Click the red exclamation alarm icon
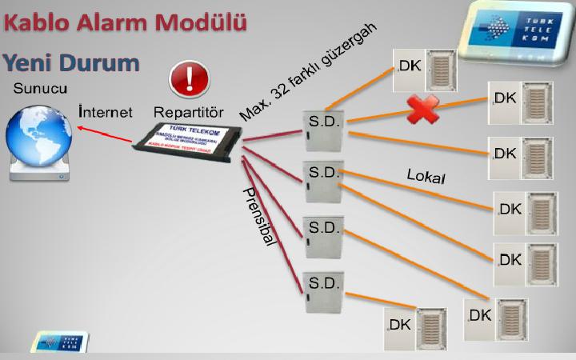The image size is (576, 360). [189, 80]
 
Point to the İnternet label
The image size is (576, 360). [106, 110]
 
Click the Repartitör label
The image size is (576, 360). [188, 110]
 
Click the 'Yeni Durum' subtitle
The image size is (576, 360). [70, 62]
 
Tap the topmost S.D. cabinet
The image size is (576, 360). [324, 130]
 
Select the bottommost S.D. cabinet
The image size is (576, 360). [324, 293]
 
